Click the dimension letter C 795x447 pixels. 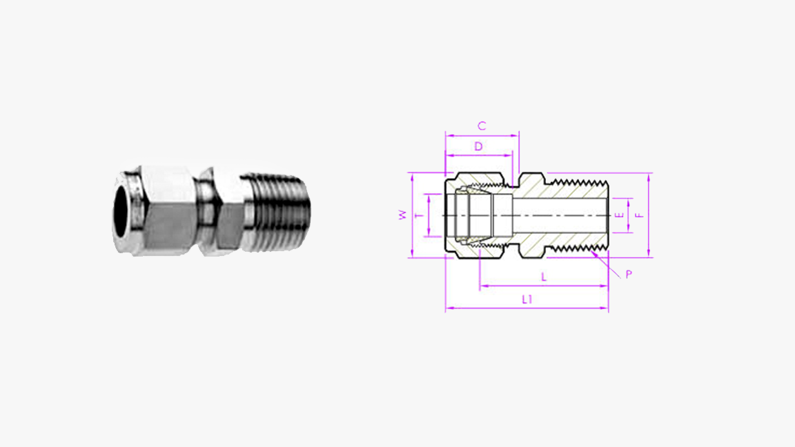(x=482, y=126)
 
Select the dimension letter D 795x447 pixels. (x=478, y=146)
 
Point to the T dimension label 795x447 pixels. (x=418, y=216)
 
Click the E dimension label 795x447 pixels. (x=620, y=215)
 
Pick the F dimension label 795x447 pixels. (x=639, y=215)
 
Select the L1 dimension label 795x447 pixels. (x=527, y=299)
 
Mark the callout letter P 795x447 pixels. (x=629, y=274)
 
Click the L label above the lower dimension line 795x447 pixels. (x=544, y=277)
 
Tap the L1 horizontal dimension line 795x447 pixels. (x=527, y=308)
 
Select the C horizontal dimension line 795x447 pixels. (x=482, y=135)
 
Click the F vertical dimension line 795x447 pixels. (x=649, y=215)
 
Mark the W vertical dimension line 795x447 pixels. (x=411, y=215)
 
